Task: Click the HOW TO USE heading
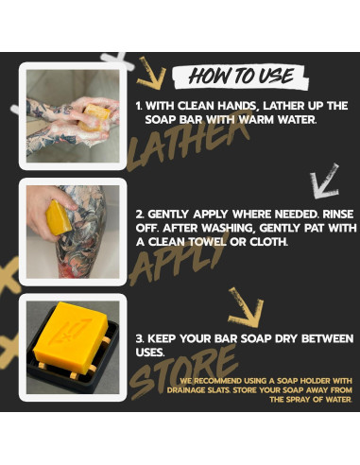coord(241,76)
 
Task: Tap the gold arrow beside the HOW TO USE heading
coord(151,74)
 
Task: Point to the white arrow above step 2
coord(324,181)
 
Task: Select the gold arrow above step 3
coord(246,307)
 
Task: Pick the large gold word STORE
coord(183,371)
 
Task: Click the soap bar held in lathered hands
coord(94,117)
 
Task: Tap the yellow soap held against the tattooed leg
coord(58,218)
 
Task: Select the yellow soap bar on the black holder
coord(71,337)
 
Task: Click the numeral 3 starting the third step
coord(139,338)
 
